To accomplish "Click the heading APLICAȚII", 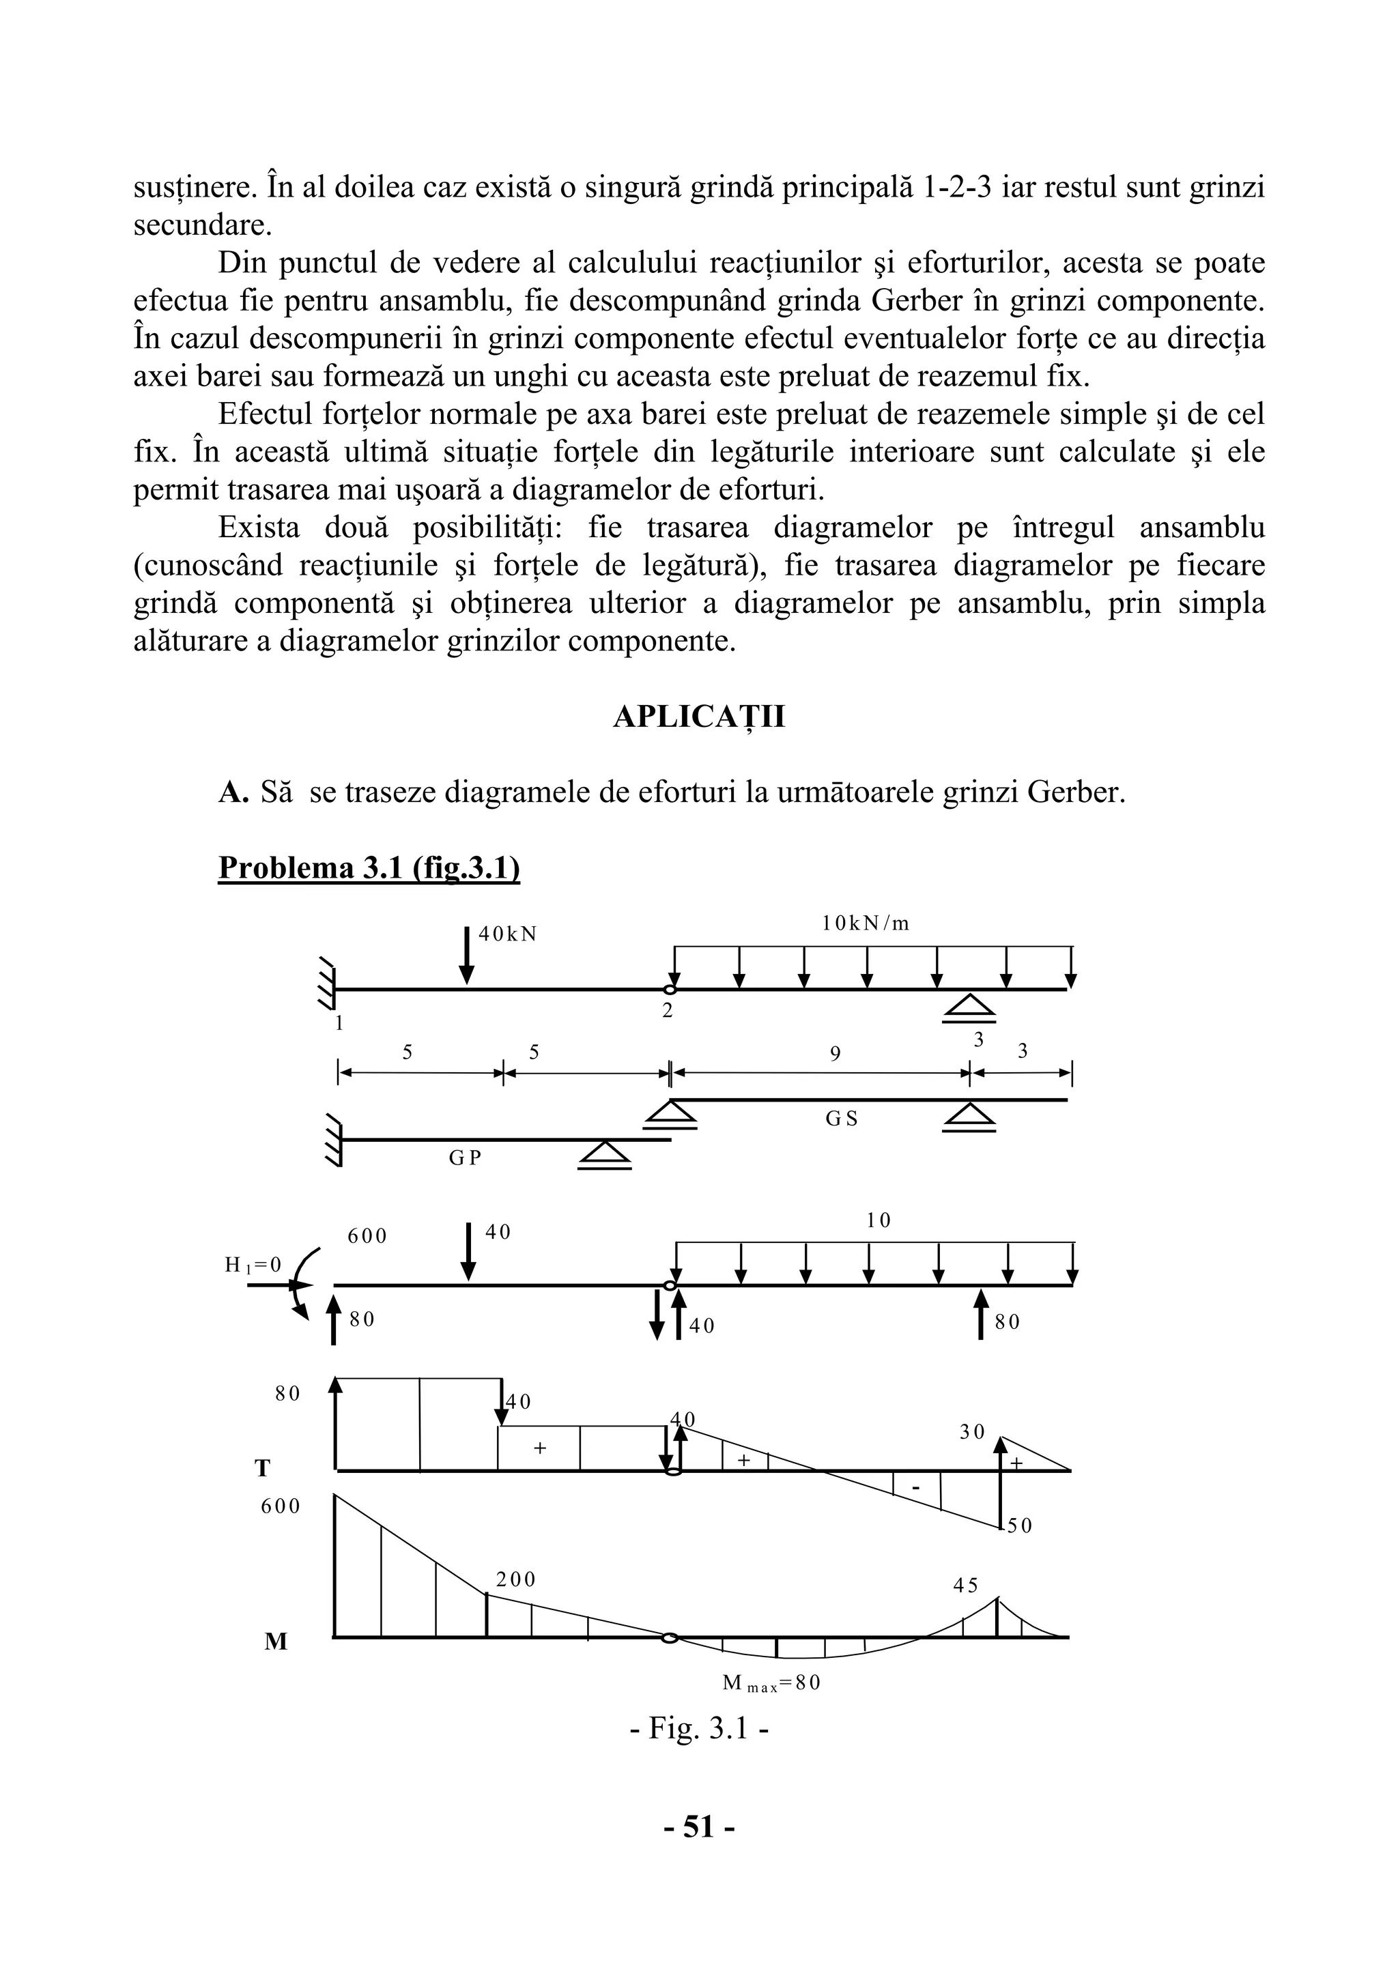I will (698, 717).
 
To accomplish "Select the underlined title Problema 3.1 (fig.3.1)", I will (369, 868).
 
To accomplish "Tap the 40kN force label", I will (507, 934).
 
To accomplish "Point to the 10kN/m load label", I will (865, 923).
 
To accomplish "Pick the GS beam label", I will (842, 1119).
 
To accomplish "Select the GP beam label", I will (464, 1159).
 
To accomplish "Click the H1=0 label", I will (253, 1265).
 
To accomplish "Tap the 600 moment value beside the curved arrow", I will (367, 1236).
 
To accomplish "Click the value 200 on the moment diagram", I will (515, 1579).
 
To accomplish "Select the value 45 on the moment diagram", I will (966, 1585).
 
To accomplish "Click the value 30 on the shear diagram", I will (971, 1432).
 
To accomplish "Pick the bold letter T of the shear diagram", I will (263, 1469).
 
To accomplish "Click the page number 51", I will (698, 1850).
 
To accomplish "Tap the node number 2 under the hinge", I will (667, 1012).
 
